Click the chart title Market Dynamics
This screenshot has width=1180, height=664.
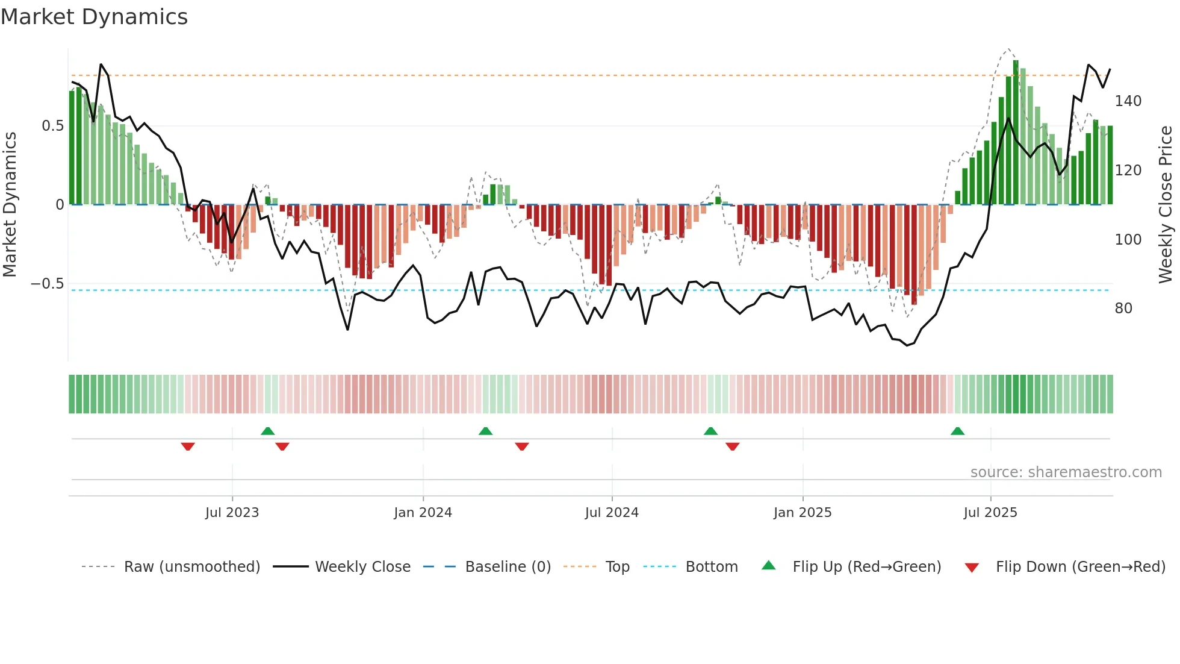point(95,17)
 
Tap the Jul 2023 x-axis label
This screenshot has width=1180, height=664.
point(232,513)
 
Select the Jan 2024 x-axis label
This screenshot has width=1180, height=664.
point(423,513)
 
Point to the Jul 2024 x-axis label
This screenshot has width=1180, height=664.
point(612,513)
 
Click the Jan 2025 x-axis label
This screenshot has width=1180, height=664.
point(803,513)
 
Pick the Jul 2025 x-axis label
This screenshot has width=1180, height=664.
point(990,513)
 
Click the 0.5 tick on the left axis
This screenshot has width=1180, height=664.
point(52,126)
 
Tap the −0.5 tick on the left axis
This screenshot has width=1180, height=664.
point(48,284)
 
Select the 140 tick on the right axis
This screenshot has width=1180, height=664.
point(1128,101)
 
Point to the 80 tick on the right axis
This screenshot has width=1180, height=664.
point(1123,309)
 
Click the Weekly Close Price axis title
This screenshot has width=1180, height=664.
point(1166,205)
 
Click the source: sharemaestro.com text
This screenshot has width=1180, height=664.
point(1066,472)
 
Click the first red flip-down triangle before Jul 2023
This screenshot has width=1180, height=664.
point(188,446)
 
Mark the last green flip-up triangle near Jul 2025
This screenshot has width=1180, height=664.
point(957,431)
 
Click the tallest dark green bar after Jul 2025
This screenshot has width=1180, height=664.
point(1016,133)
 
